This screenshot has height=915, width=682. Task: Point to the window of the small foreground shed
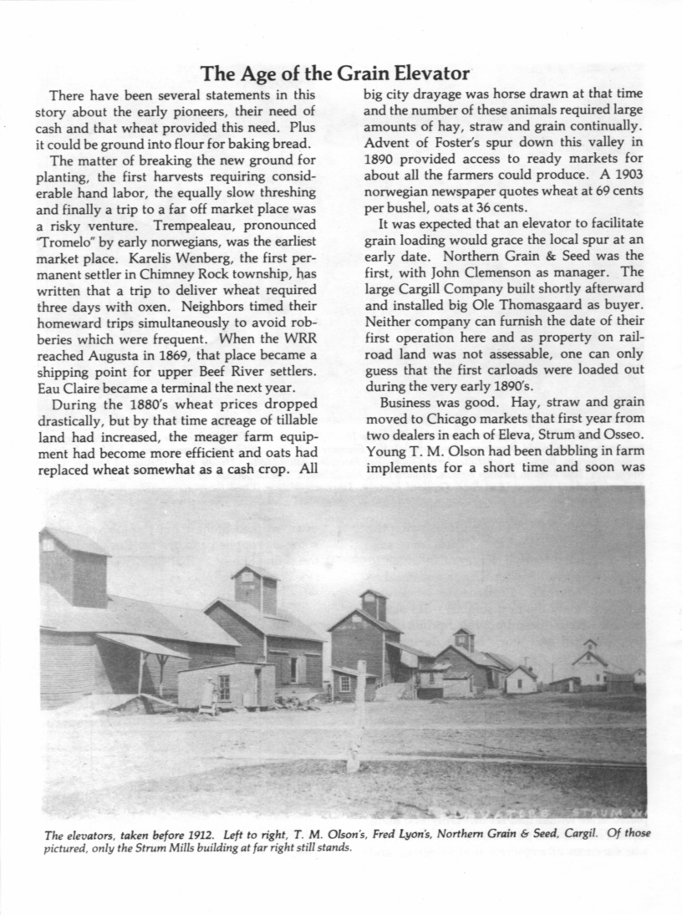[x=224, y=686]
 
